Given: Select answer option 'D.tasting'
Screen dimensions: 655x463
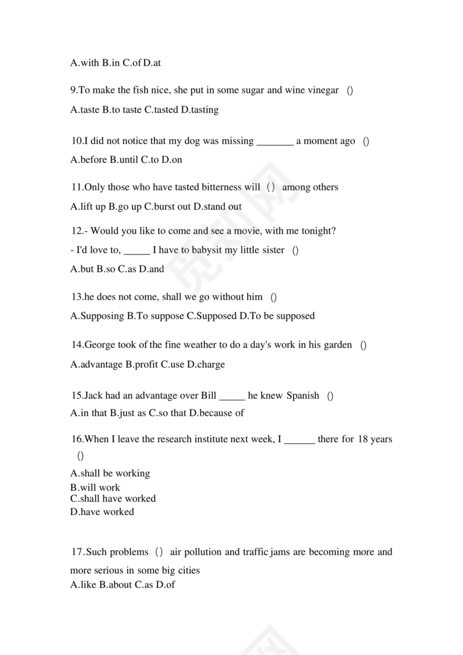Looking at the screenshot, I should pos(200,110).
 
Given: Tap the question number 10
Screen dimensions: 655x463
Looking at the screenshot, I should pos(76,141).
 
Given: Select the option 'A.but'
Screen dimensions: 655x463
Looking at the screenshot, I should pos(82,269).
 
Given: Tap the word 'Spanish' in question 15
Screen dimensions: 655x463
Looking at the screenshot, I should pos(303,396).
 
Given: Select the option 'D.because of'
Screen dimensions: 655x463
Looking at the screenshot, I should pos(217,413).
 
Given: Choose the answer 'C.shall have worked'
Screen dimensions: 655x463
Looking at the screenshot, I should pos(113,499).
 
